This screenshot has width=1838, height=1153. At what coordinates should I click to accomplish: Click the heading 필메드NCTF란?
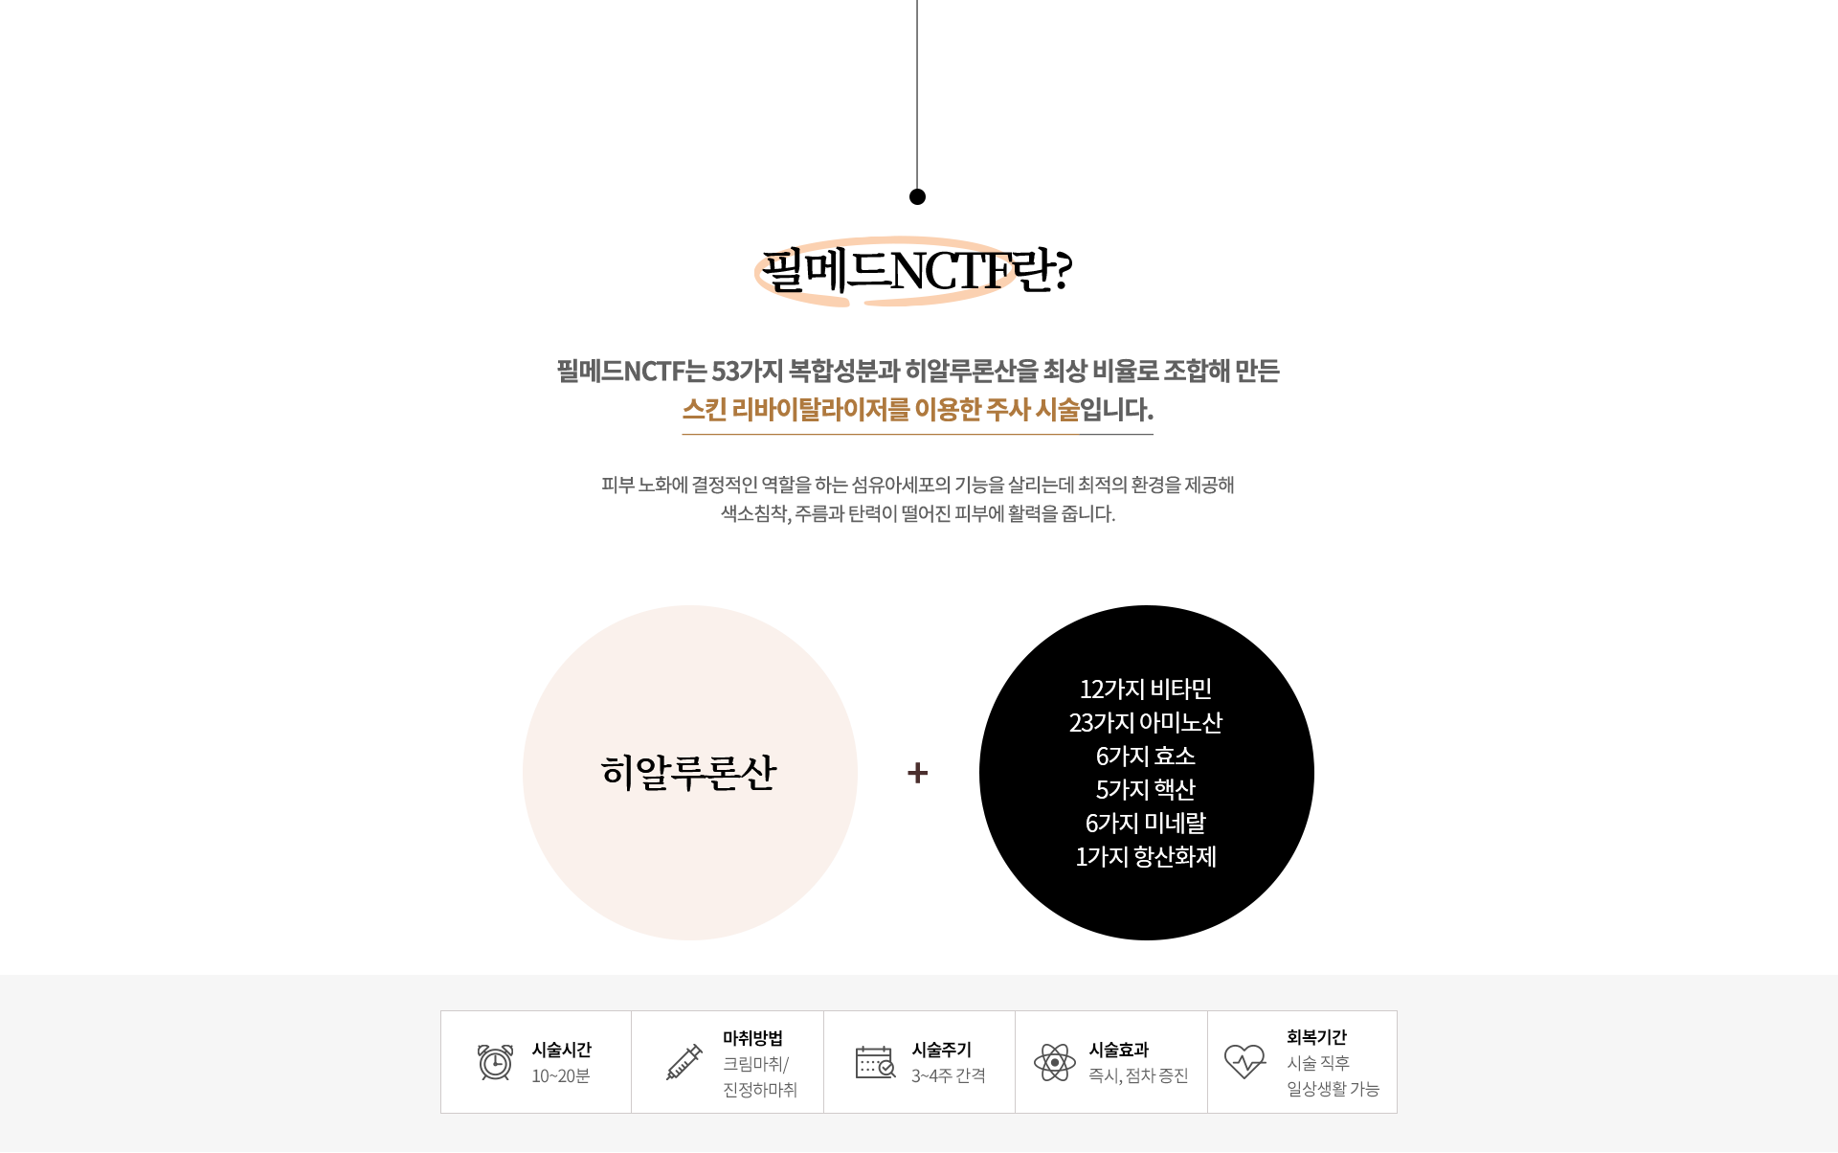click(916, 271)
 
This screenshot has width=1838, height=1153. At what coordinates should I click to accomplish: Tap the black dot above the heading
click(917, 197)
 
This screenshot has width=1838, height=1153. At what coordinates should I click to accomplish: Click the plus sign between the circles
click(917, 773)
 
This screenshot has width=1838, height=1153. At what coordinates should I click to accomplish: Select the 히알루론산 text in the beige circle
click(688, 773)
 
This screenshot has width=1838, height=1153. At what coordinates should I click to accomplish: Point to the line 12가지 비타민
click(1146, 690)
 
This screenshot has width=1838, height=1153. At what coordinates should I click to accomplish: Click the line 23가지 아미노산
click(1146, 723)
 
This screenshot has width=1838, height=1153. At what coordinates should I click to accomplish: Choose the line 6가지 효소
click(1146, 757)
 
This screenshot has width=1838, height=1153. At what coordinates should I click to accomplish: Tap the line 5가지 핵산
click(1146, 790)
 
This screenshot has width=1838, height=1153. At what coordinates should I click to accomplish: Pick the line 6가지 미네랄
click(1146, 824)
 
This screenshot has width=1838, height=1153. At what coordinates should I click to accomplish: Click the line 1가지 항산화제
click(1146, 857)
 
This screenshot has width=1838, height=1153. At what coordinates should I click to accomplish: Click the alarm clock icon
click(495, 1062)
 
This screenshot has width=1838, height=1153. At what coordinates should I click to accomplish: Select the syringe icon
click(684, 1062)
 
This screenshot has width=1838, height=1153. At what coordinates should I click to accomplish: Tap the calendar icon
click(875, 1062)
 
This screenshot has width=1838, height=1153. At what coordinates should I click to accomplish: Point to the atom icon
click(1055, 1062)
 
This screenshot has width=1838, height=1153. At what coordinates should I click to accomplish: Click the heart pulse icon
click(1245, 1061)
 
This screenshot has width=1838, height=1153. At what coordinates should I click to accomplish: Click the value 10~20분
click(561, 1076)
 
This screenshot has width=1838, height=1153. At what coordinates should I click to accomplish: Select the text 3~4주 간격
click(949, 1076)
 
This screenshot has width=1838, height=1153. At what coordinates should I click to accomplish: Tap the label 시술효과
click(1119, 1050)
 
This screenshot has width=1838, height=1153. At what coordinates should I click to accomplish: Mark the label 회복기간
click(1316, 1037)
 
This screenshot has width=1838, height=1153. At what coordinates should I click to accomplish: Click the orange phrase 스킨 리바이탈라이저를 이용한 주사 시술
click(881, 410)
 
